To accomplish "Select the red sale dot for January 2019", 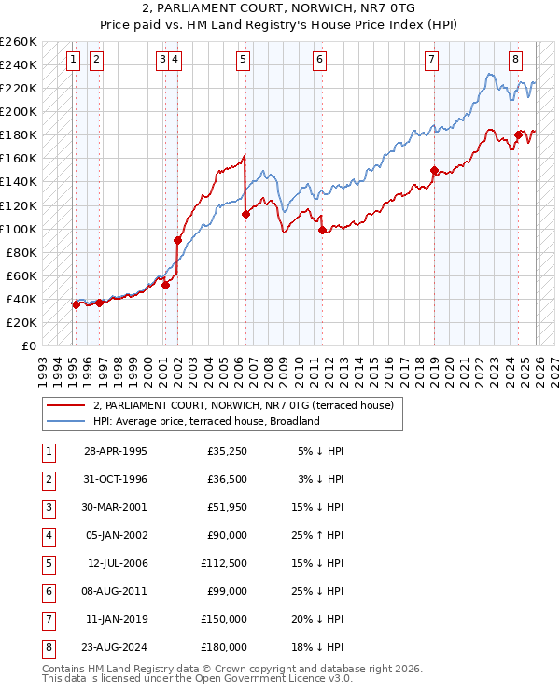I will point(434,170).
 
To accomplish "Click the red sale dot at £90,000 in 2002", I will point(177,240).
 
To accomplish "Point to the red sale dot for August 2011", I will point(322,230).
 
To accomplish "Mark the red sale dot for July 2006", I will point(245,214).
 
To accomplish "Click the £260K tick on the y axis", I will point(19,42).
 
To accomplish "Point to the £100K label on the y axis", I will point(19,229).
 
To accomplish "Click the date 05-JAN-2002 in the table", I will point(116,536).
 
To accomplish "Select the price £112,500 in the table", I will point(224,563).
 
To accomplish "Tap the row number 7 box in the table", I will point(46,618).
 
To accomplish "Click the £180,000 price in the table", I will point(224,646).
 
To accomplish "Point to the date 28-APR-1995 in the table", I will point(116,452).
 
